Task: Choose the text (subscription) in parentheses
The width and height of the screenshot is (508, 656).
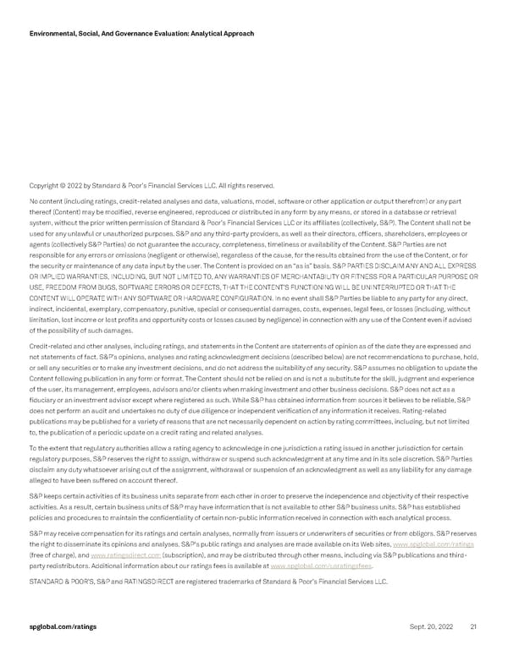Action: click(179, 555)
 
